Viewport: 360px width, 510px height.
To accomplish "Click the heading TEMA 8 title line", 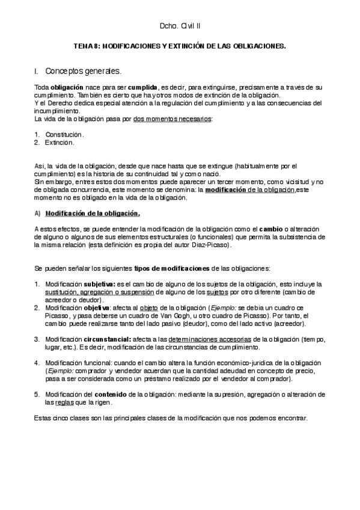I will tap(180, 46).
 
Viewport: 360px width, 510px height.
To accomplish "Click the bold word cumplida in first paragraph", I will tap(143, 88).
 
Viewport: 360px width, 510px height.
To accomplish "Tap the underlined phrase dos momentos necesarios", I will tap(172, 119).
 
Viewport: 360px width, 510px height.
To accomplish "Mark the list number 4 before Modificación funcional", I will tap(37, 363).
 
